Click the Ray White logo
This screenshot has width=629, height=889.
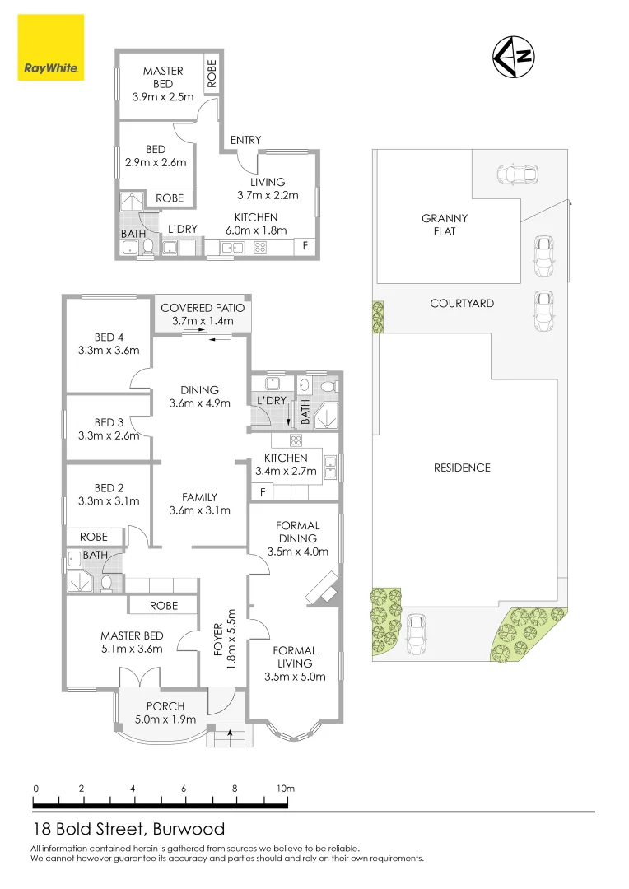click(x=50, y=49)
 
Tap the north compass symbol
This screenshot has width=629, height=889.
click(x=514, y=57)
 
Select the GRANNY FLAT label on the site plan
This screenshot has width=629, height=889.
click(x=445, y=225)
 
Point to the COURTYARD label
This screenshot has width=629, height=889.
click(x=462, y=303)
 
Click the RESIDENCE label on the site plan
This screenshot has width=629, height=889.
click(x=462, y=468)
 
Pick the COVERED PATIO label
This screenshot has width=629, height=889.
click(x=203, y=308)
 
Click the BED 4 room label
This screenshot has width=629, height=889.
click(x=104, y=337)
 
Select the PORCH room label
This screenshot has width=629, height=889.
click(x=165, y=706)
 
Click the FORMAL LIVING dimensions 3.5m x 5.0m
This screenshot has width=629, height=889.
click(x=295, y=677)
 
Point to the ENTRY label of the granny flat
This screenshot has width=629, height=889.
click(x=245, y=141)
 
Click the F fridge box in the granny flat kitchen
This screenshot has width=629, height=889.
click(x=305, y=245)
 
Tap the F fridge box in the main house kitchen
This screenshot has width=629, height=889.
click(x=263, y=492)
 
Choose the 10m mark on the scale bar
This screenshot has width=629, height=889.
click(x=286, y=789)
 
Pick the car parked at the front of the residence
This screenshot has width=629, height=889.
click(x=417, y=633)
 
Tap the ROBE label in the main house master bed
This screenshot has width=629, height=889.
click(x=164, y=605)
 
